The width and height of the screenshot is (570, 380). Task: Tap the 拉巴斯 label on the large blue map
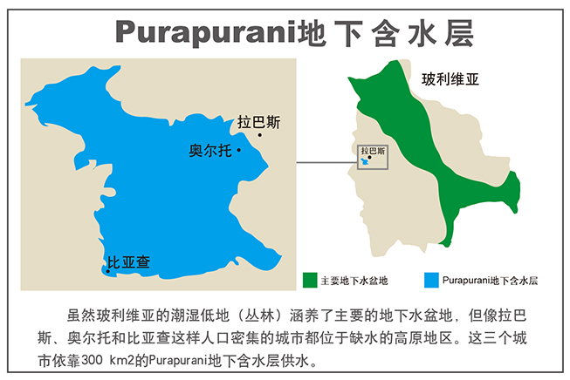259,122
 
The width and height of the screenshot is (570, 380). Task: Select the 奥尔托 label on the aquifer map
210,151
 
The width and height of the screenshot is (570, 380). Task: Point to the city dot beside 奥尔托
238,150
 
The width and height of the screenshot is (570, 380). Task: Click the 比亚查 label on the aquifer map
128,261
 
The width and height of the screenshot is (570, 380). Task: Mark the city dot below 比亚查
108,271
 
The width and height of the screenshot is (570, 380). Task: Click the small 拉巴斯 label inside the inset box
373,150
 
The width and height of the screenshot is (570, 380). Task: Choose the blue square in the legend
429,280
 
